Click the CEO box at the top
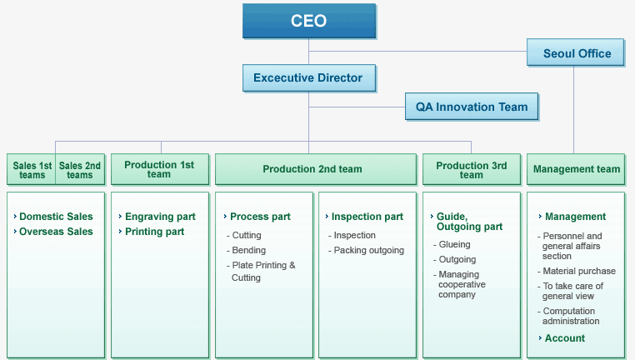pyautogui.click(x=309, y=21)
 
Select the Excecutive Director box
pyautogui.click(x=309, y=78)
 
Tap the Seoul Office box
pyautogui.click(x=576, y=52)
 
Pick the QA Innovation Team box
pyautogui.click(x=472, y=107)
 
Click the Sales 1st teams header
pyautogui.click(x=32, y=170)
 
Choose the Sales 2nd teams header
pyautogui.click(x=80, y=170)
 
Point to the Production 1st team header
pyautogui.click(x=160, y=169)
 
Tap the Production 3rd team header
pyautogui.click(x=472, y=170)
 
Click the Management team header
pyautogui.click(x=576, y=169)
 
